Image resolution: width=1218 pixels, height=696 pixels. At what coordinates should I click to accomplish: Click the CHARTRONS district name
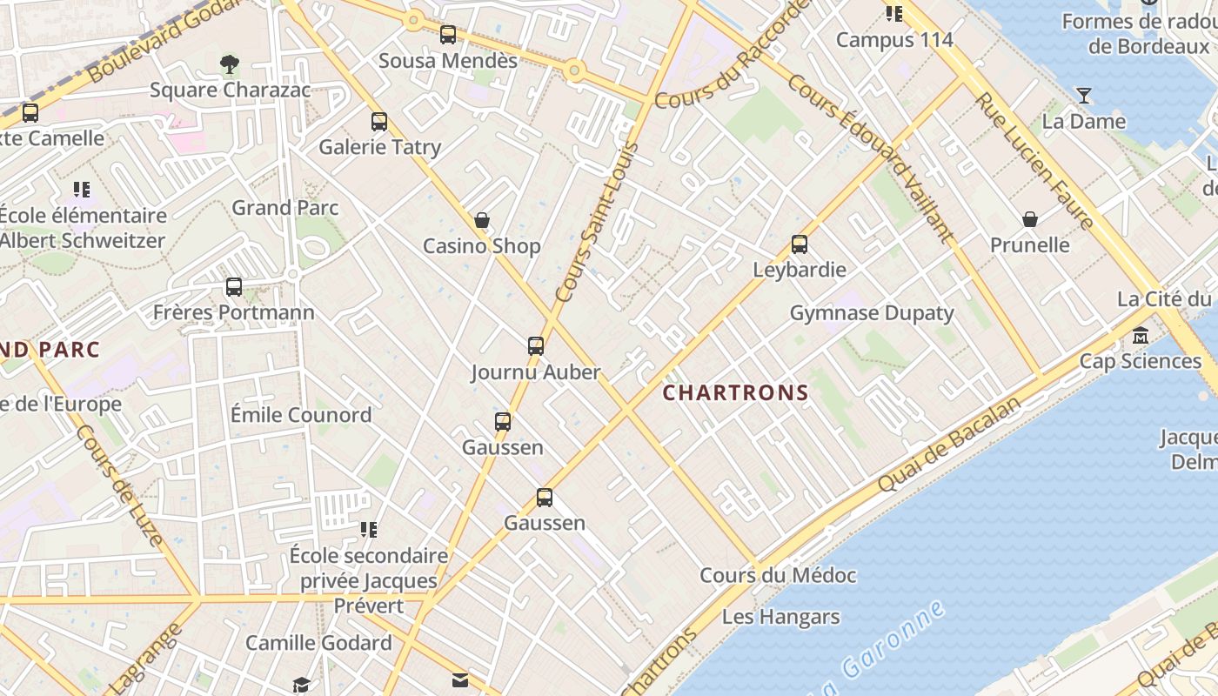736,392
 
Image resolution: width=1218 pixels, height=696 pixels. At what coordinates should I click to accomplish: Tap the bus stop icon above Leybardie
800,244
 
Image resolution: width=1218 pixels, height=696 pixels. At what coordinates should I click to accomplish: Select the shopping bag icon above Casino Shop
481,221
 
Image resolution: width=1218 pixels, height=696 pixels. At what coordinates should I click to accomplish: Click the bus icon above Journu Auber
536,346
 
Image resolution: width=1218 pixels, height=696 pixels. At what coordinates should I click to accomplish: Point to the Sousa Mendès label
448,61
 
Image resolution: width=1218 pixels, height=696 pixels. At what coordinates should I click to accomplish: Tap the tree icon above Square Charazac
230,64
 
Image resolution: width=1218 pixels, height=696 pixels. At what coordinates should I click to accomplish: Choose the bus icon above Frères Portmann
233,287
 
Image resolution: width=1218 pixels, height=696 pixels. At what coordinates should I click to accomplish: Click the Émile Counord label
301,415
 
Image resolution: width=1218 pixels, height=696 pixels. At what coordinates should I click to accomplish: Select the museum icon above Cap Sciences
1141,336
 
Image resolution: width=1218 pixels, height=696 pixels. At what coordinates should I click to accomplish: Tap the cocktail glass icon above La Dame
1084,96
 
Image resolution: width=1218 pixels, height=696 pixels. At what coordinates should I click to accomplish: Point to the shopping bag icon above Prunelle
1030,219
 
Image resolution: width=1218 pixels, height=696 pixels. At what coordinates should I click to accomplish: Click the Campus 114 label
894,40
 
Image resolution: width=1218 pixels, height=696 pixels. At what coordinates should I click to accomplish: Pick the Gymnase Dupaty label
872,313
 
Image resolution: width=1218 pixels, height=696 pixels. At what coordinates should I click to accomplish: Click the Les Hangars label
781,618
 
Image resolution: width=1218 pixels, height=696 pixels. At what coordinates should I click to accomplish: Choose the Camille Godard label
318,643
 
